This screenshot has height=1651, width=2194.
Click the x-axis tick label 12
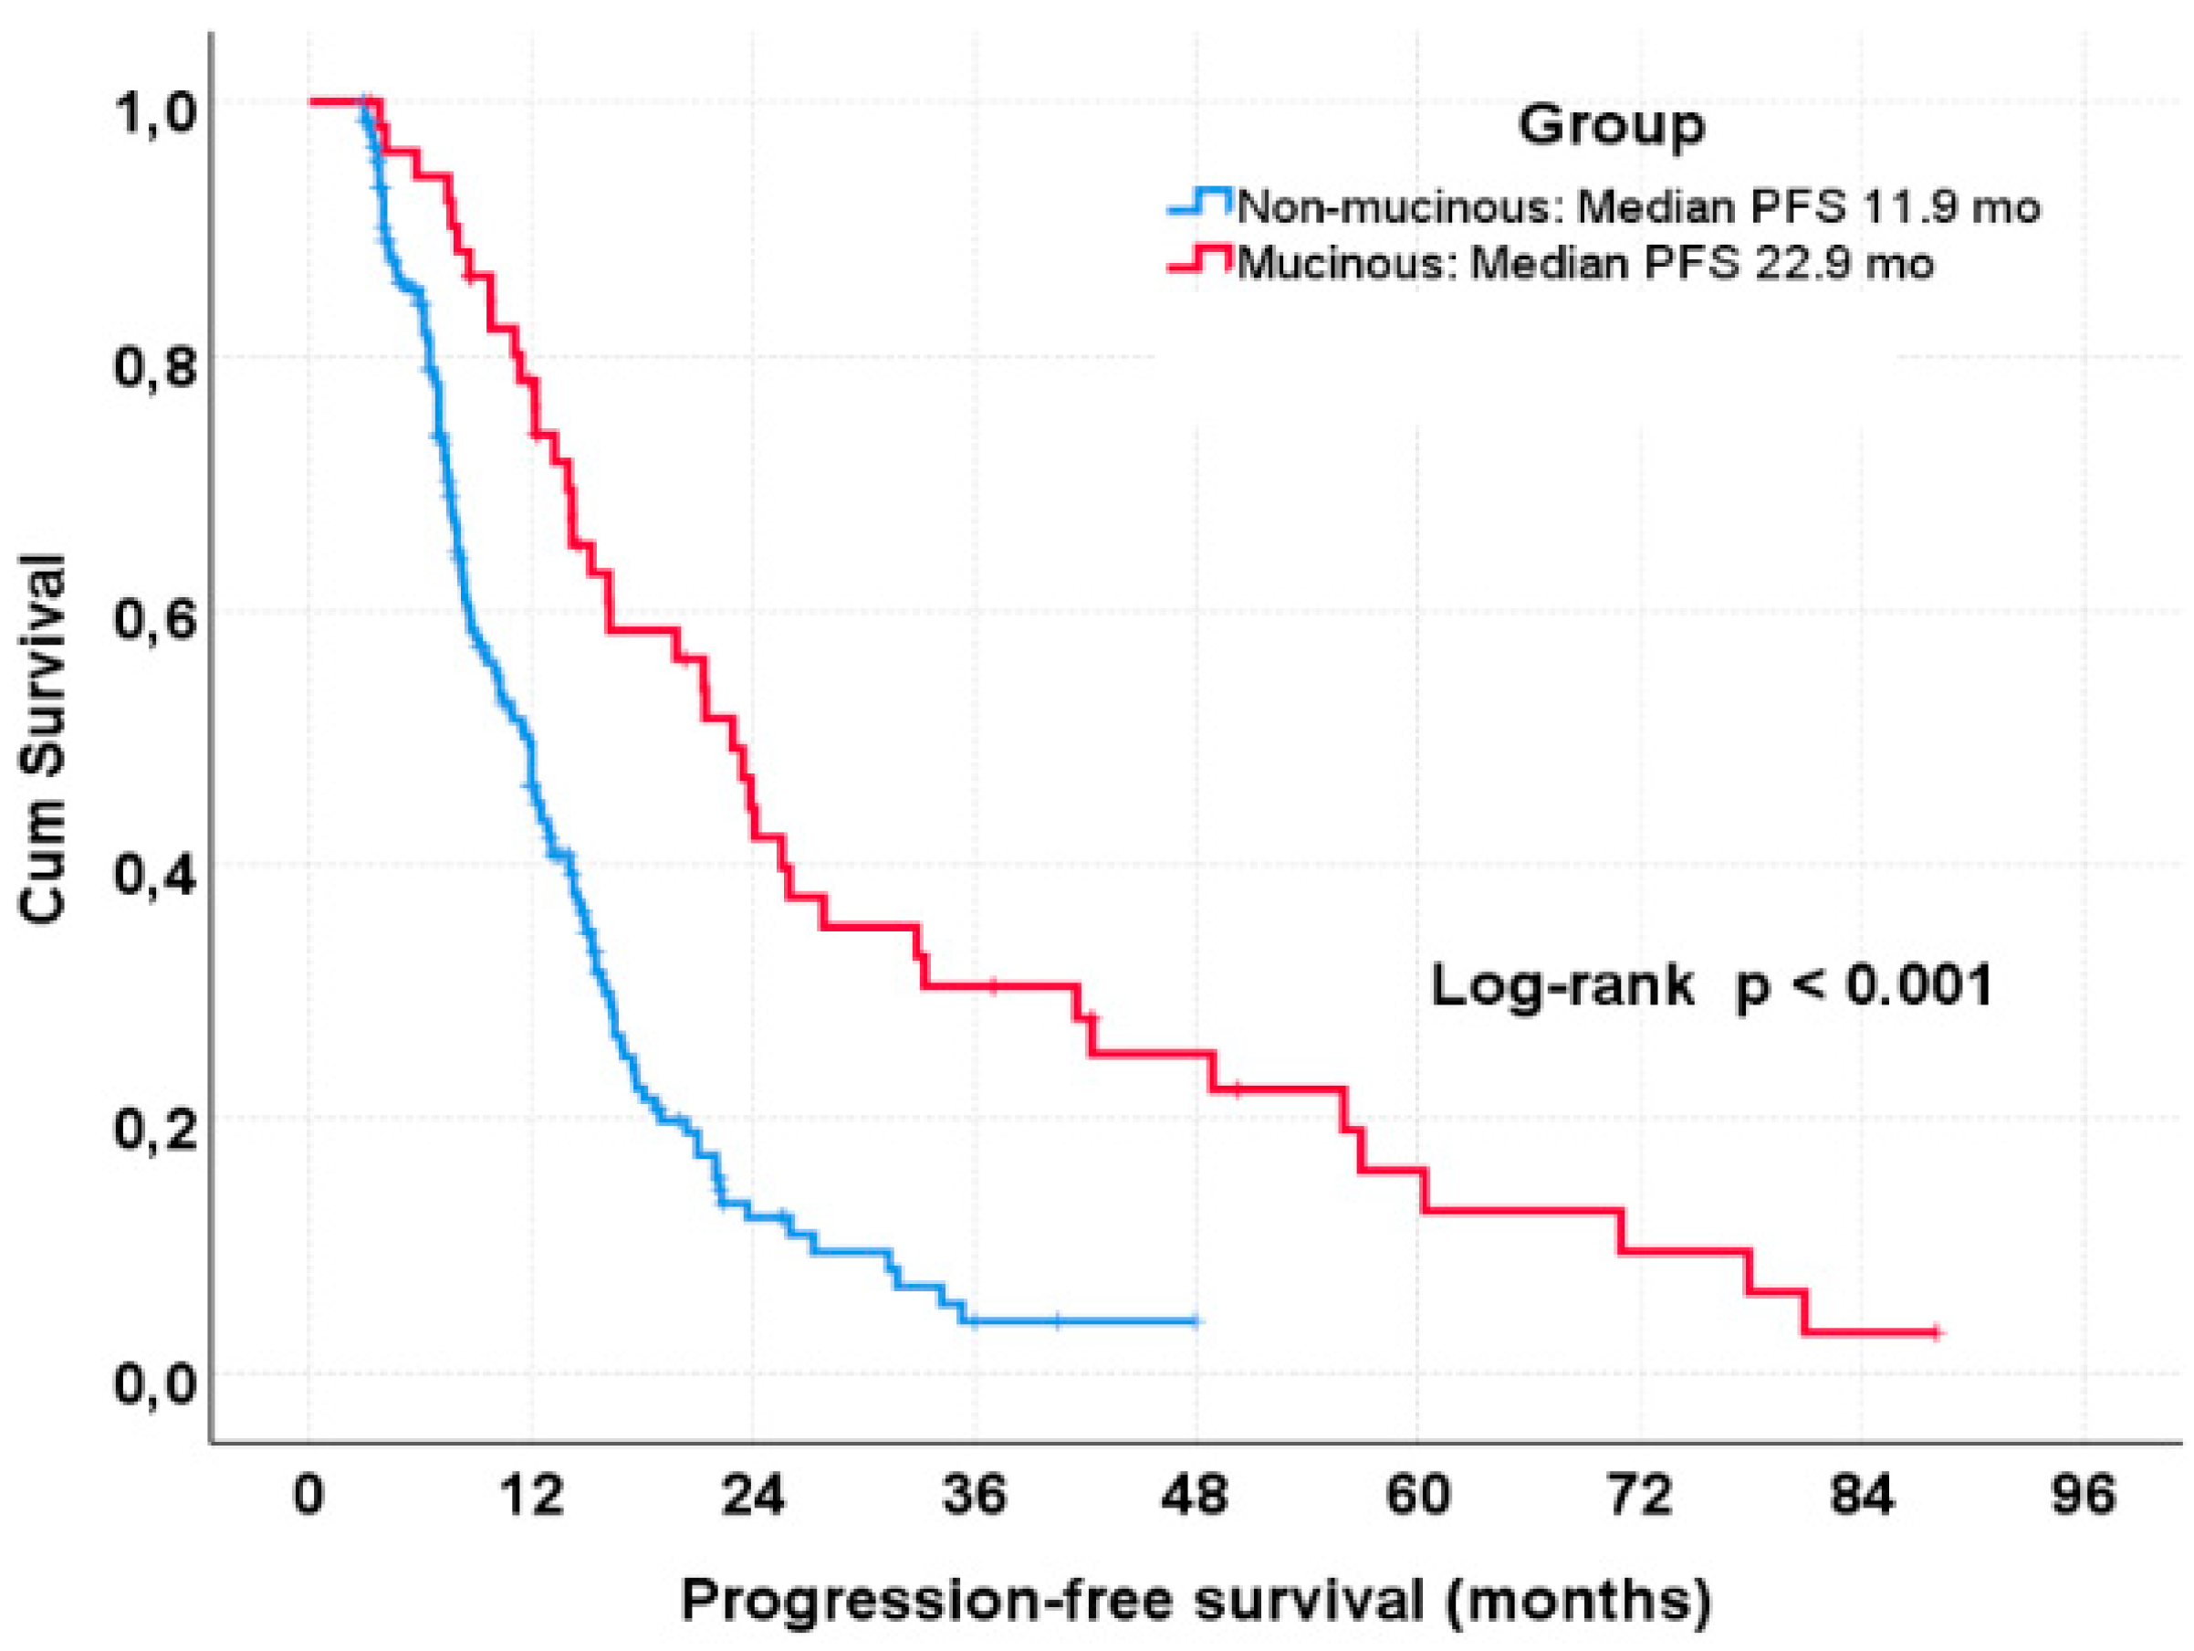pos(532,1495)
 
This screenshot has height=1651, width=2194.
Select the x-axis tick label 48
pos(1196,1495)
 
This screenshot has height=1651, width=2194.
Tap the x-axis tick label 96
pos(2083,1495)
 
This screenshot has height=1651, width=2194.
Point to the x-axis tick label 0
pos(308,1495)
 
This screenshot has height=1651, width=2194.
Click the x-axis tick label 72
pos(1639,1495)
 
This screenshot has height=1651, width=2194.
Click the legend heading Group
pos(1611,127)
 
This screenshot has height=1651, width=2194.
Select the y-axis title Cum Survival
pos(45,739)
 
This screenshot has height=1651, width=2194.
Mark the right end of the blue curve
pos(1196,1320)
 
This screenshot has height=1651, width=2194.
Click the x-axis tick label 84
pos(1861,1495)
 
